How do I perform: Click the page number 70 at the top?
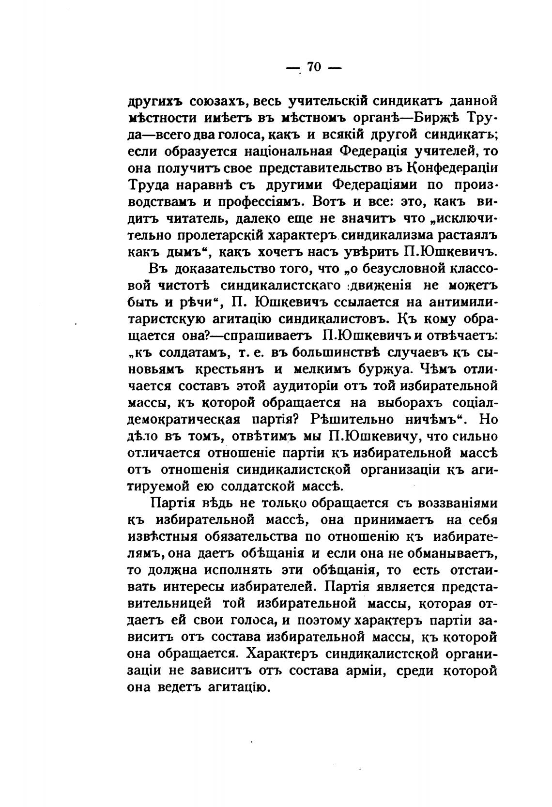click(314, 67)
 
